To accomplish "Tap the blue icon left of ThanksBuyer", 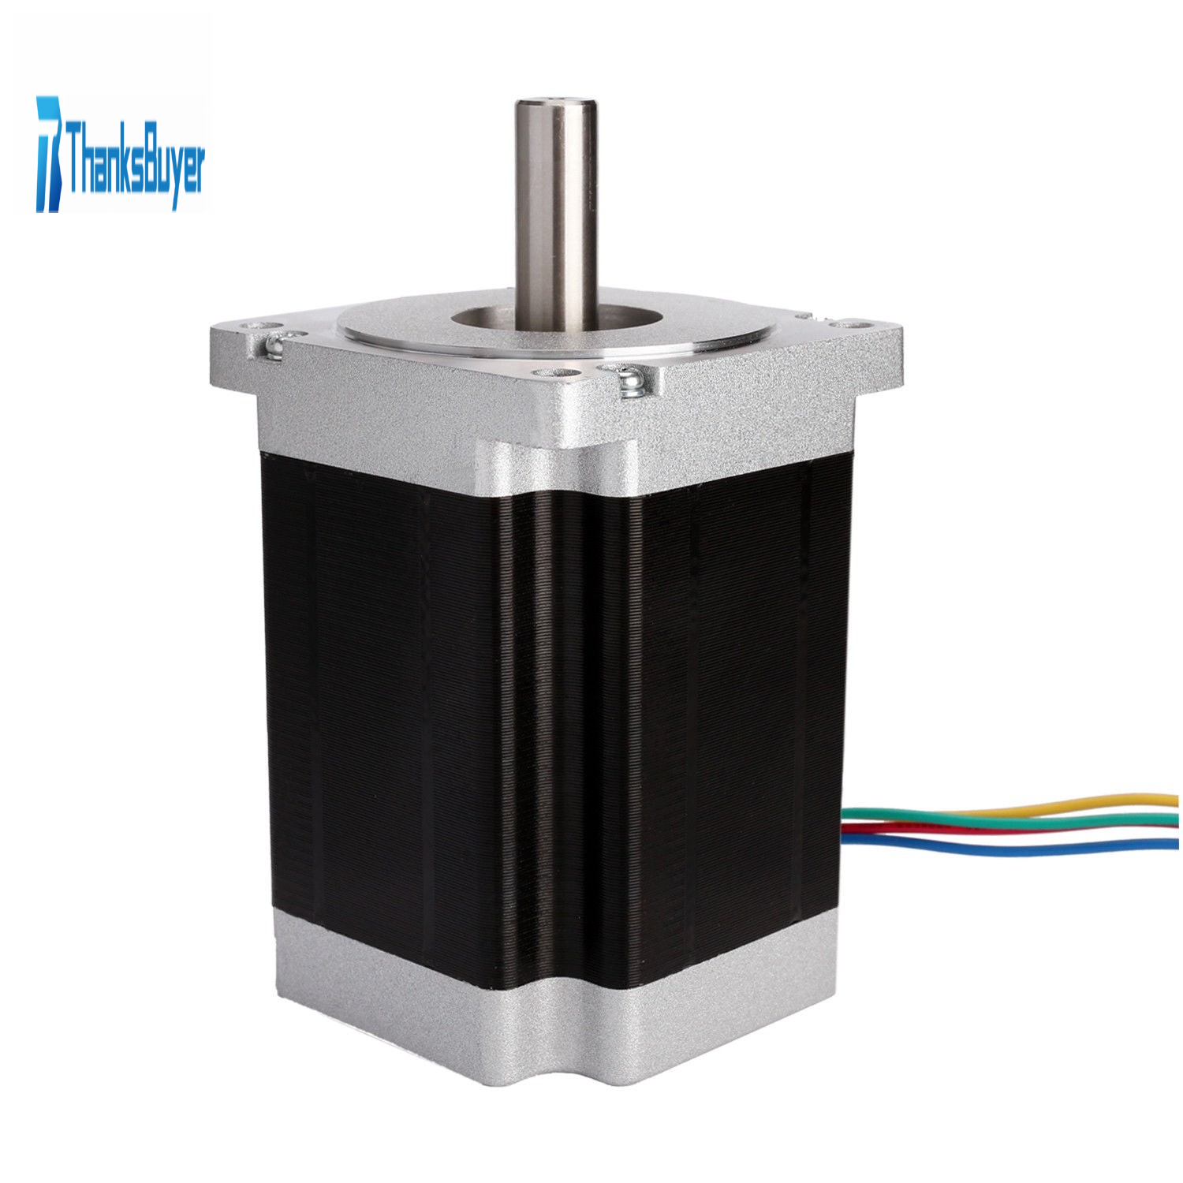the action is tap(48, 154).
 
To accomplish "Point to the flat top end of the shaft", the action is tap(555, 105).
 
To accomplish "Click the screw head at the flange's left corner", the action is tap(277, 345).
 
